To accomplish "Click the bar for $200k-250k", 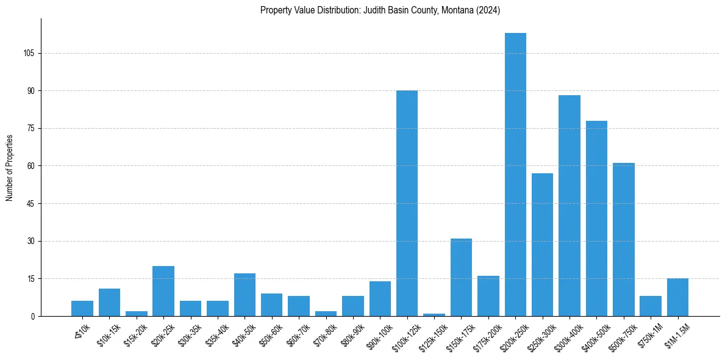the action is (515, 175).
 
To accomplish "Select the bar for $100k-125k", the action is (407, 203).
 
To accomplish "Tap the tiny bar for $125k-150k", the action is (434, 315).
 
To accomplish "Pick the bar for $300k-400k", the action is (569, 206).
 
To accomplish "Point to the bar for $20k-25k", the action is (163, 291).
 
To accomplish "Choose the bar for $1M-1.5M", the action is (677, 298).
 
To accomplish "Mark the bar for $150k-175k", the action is (461, 278).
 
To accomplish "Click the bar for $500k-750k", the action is (623, 240).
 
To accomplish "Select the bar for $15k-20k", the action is (137, 314).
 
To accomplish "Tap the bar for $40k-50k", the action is (245, 295).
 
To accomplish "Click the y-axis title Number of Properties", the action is (9, 168).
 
